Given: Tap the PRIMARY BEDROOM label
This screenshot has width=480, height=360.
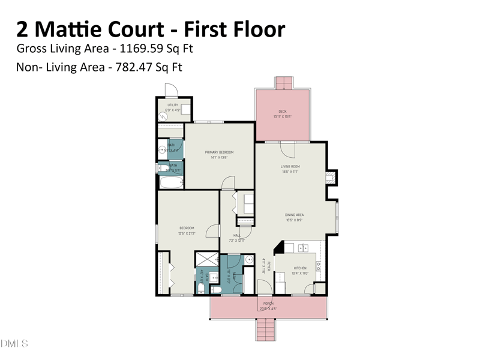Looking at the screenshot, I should coord(219,152).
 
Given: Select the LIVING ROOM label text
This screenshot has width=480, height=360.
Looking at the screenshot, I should coord(290,166).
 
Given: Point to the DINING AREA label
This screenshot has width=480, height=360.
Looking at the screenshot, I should coord(294,215).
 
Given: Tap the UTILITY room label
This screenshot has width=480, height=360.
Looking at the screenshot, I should coord(172,105).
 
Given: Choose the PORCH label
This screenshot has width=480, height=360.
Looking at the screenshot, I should coord(268,304).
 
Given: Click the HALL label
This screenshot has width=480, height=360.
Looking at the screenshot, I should coord(236,235).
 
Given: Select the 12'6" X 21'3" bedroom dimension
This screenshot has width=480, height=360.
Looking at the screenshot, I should coord(187,233).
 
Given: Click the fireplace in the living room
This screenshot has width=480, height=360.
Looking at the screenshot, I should coord(329,178).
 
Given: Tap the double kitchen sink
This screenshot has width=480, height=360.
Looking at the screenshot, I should coord(303,247).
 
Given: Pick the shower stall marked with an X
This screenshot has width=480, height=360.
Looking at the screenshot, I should coord(206,259).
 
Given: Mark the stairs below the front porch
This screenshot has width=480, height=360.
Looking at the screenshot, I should coord(265,329).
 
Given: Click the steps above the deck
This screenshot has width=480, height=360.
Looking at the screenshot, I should coord(283,83).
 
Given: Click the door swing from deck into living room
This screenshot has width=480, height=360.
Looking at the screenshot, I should coord(289,148).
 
